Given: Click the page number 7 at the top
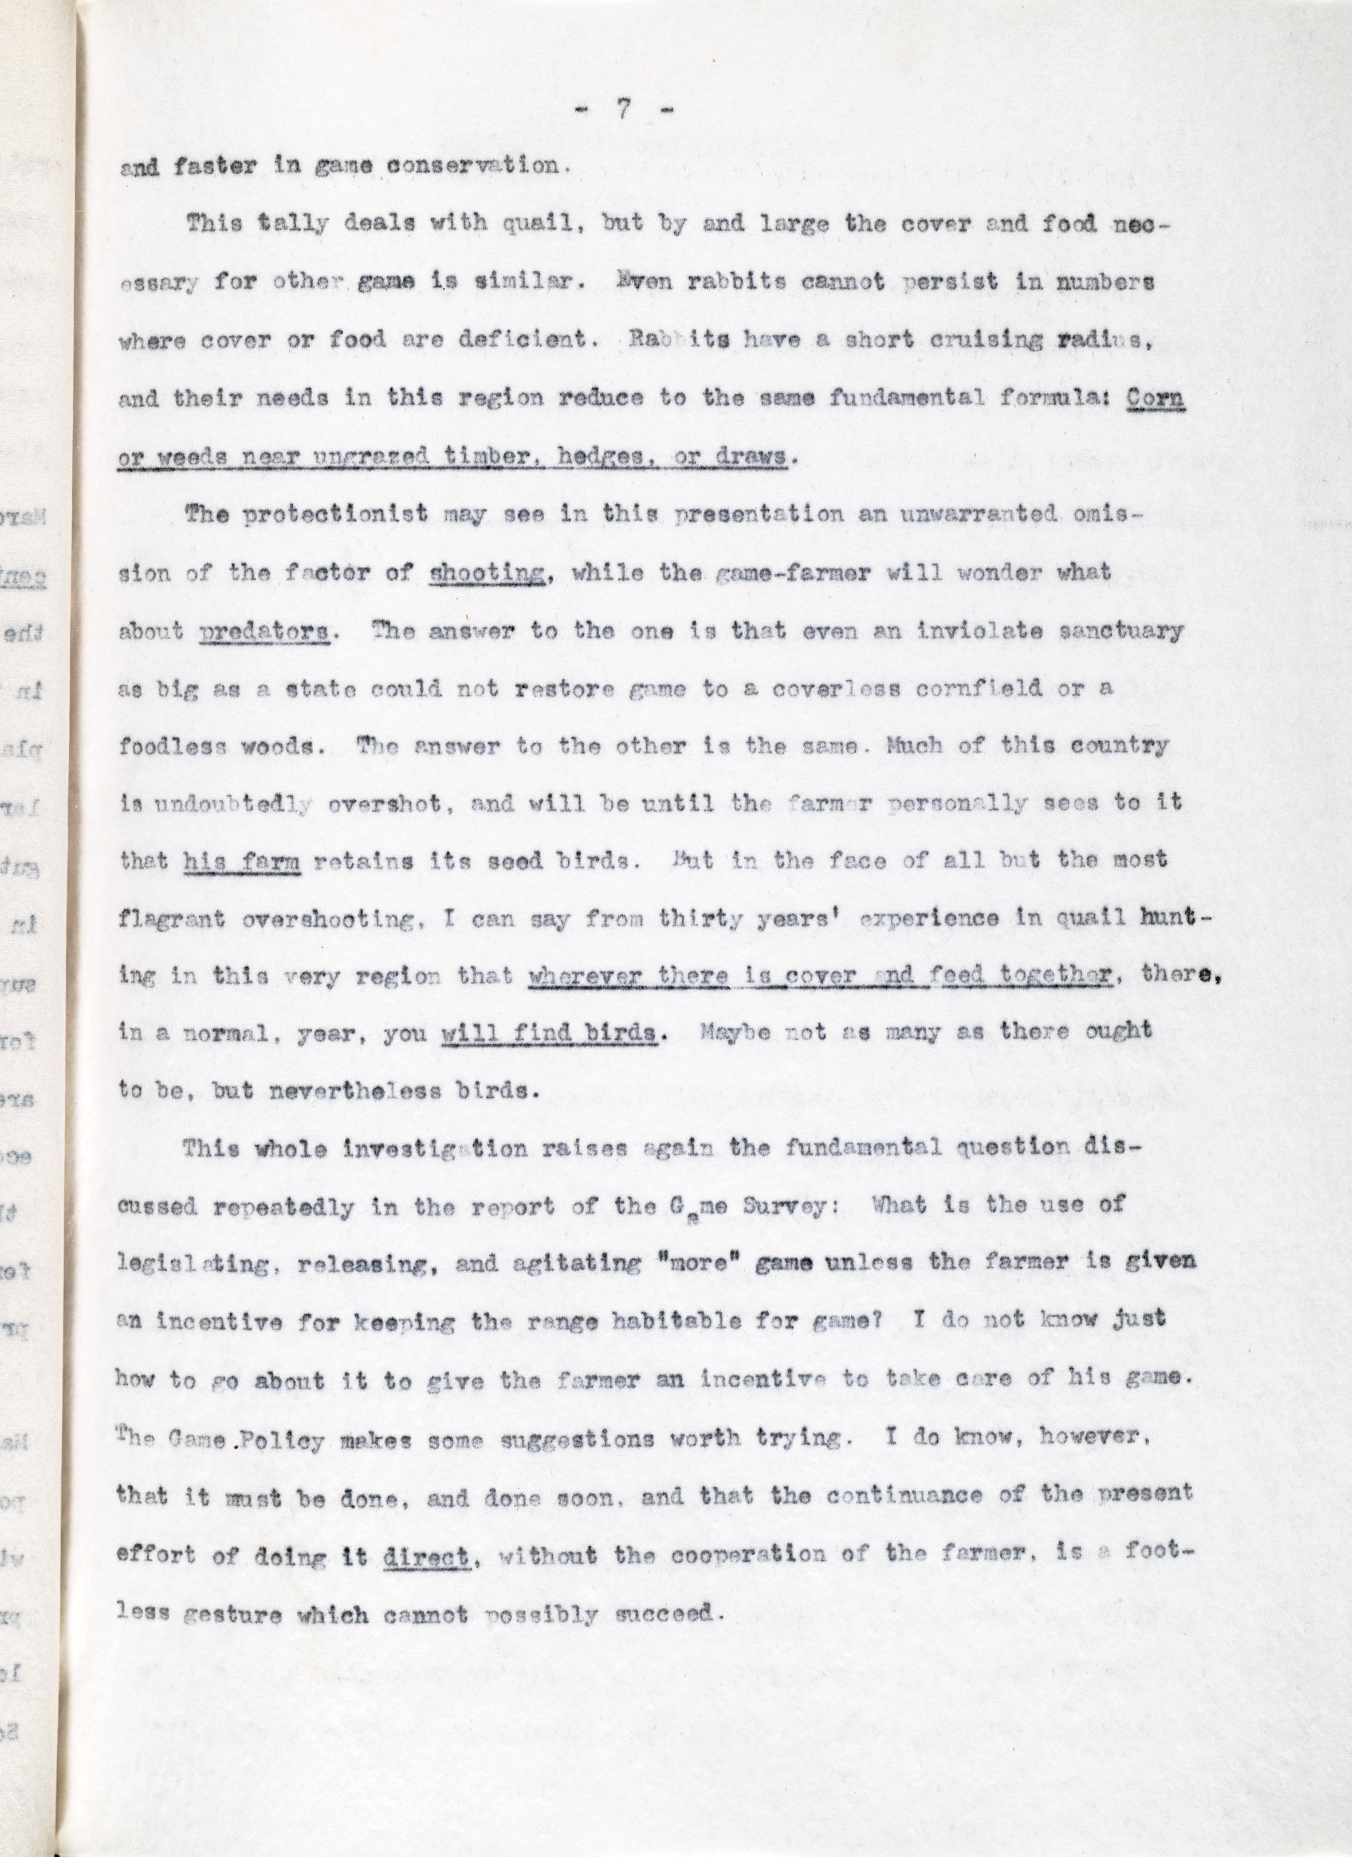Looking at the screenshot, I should click(x=624, y=109).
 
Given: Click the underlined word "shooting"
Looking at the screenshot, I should click(x=488, y=574).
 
